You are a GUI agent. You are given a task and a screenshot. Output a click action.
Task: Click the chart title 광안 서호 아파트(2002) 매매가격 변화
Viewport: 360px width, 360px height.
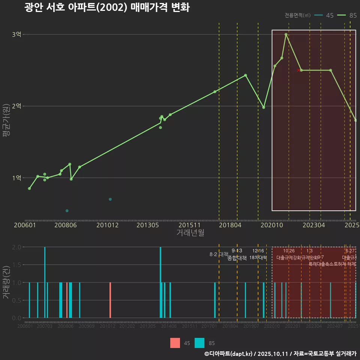pyautogui.click(x=107, y=7)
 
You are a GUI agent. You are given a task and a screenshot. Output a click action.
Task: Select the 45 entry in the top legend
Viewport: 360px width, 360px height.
pyautogui.click(x=325, y=15)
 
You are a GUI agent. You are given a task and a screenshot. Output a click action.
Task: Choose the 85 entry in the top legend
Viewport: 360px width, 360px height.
pyautogui.click(x=347, y=15)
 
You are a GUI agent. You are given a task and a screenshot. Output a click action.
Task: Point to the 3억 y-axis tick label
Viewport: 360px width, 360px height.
pyautogui.click(x=17, y=34)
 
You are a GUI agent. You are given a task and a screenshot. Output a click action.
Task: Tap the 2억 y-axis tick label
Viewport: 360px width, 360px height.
pyautogui.click(x=17, y=106)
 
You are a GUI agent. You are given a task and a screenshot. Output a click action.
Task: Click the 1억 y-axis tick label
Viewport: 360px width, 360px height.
pyautogui.click(x=17, y=178)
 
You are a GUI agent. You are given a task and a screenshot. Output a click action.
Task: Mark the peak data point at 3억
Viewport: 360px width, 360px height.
pyautogui.click(x=286, y=34)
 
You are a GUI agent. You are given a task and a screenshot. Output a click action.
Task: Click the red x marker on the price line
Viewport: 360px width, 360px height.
pyautogui.click(x=298, y=70)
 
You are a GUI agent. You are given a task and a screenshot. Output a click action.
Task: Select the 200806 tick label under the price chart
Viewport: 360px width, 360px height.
pyautogui.click(x=66, y=225)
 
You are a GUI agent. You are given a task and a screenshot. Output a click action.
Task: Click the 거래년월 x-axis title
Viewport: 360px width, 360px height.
pyautogui.click(x=190, y=233)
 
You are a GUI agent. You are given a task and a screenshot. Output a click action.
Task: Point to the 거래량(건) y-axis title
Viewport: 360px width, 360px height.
pyautogui.click(x=6, y=282)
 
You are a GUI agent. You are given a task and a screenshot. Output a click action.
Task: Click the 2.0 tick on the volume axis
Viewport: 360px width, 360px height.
pyautogui.click(x=17, y=247)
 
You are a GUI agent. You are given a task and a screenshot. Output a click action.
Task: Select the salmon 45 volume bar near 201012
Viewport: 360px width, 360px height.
pyautogui.click(x=110, y=300)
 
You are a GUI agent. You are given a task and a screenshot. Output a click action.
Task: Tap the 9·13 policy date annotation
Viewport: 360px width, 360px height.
pyautogui.click(x=237, y=251)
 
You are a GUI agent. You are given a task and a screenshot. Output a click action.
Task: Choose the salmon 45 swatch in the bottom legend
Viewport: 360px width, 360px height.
pyautogui.click(x=175, y=343)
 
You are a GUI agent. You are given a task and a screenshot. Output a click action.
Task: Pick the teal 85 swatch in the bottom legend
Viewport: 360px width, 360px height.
pyautogui.click(x=199, y=343)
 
